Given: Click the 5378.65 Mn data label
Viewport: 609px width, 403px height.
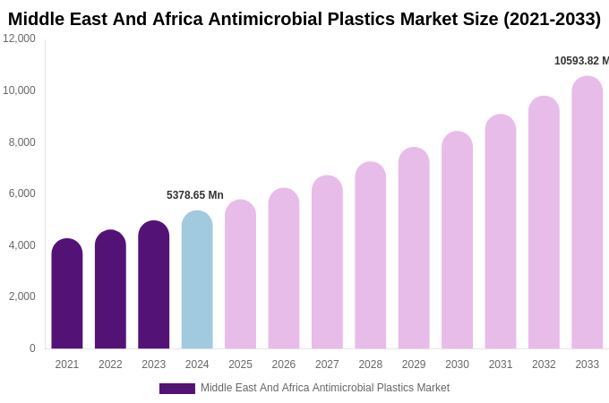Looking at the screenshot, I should [195, 195].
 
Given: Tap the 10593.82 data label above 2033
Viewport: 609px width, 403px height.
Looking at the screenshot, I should [580, 61].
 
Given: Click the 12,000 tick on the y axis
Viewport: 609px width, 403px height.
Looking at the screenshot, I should [19, 39].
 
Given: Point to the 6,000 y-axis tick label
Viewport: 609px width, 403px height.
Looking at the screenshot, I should [22, 193].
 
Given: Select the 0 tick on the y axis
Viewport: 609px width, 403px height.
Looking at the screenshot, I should [32, 348].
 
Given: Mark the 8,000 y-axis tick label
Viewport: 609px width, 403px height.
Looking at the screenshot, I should [22, 142].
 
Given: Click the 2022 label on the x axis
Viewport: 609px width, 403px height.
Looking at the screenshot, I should [110, 364].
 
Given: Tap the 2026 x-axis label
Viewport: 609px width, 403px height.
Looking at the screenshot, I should [284, 364].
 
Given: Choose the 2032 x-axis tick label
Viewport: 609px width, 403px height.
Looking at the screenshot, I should [544, 364].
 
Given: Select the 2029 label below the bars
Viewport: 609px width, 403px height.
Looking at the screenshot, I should [414, 364].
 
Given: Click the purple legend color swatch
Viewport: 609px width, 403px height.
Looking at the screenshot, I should [177, 389].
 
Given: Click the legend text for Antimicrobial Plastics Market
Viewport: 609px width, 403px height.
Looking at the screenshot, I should [325, 388].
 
